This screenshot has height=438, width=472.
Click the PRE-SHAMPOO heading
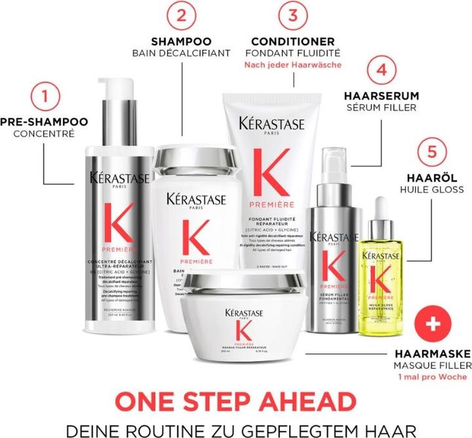(x=44, y=122)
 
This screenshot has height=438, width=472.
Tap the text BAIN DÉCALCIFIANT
(x=181, y=53)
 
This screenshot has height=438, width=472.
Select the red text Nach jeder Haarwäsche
(x=292, y=66)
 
